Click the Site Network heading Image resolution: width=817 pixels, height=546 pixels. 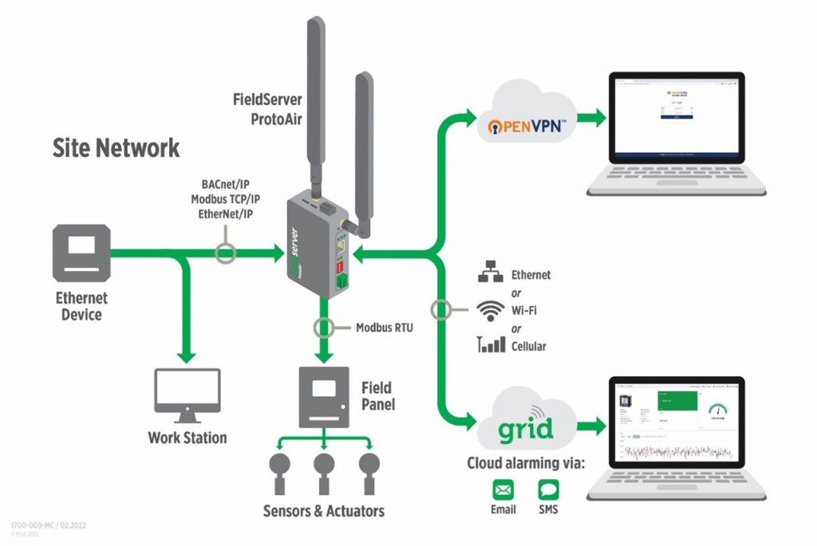(x=116, y=148)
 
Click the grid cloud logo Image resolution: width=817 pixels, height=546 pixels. (x=527, y=429)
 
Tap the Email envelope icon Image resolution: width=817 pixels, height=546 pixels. (x=503, y=489)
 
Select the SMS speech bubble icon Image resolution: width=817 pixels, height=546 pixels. (x=549, y=489)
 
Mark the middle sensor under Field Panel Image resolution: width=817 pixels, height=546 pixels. (x=323, y=467)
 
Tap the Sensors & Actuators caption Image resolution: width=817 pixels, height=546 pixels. (x=323, y=511)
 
